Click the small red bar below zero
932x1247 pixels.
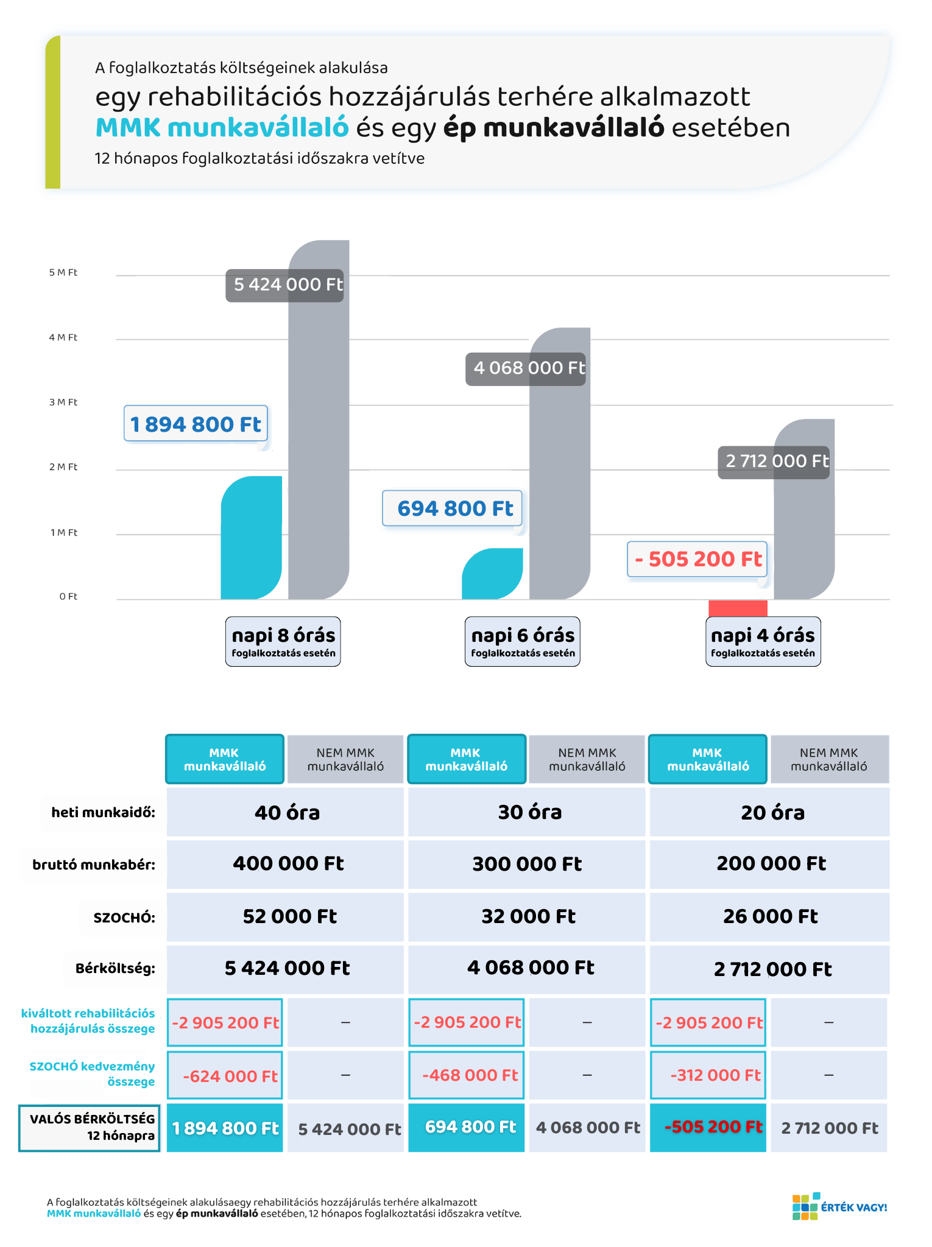(738, 608)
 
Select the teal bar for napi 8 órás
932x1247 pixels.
(251, 539)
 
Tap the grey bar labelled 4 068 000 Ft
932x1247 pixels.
(560, 487)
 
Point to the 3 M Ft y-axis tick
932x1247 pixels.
(63, 402)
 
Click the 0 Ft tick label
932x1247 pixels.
(68, 597)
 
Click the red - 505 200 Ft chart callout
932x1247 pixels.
(697, 559)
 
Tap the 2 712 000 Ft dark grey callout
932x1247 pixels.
(774, 462)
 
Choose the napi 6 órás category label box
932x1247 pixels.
(523, 642)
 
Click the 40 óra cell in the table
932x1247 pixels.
(286, 812)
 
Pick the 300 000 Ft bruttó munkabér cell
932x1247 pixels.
(527, 864)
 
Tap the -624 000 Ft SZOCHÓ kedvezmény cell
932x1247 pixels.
(225, 1076)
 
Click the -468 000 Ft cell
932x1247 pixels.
(467, 1075)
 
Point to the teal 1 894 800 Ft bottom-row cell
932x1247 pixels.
(225, 1128)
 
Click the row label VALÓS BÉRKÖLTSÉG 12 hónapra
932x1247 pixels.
(90, 1128)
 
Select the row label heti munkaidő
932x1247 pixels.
(103, 812)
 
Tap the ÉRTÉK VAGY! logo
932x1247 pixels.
(839, 1207)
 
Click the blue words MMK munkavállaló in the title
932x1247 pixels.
(222, 128)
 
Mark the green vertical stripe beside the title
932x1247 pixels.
(53, 113)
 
